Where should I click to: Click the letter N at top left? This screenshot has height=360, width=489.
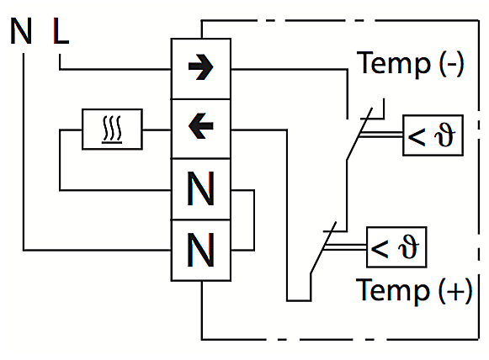[x=21, y=31]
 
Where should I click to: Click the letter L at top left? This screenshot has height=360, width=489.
[x=61, y=31]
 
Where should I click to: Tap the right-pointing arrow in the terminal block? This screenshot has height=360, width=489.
[x=201, y=67]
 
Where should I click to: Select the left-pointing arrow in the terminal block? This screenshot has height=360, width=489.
[x=201, y=126]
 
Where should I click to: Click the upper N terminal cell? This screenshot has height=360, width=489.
[x=201, y=189]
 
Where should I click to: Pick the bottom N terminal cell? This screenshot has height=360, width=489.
[x=201, y=251]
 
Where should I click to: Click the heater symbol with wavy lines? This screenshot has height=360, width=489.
[x=112, y=130]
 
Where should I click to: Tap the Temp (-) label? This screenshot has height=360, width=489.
[x=410, y=63]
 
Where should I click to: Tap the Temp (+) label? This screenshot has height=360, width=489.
[x=414, y=290]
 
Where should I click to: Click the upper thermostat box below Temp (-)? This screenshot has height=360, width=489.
[x=433, y=135]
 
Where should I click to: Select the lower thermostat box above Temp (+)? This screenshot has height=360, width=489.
[x=396, y=247]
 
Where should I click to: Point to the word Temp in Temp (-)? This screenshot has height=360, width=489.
[x=394, y=63]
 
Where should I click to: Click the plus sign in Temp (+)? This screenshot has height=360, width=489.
[x=455, y=291]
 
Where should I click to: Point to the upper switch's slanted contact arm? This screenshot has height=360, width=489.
[x=359, y=134]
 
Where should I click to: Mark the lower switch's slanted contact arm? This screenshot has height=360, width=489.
[x=323, y=248]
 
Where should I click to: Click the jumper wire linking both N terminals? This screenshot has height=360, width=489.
[x=254, y=220]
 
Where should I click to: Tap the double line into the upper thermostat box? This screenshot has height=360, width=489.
[x=380, y=135]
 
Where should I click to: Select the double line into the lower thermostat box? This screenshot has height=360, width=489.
[x=345, y=246]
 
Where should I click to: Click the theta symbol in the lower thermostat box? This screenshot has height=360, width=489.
[x=409, y=247]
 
